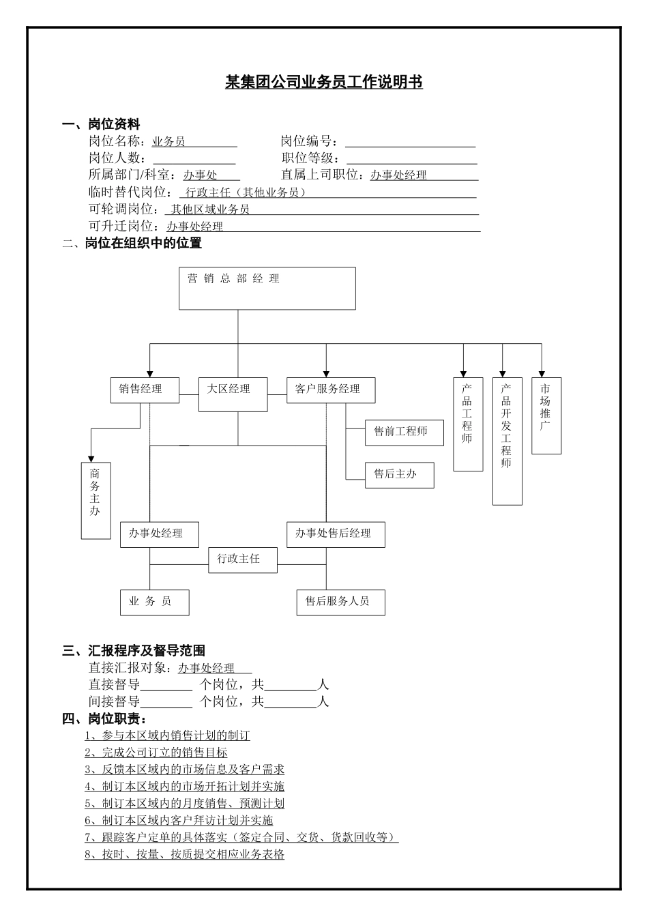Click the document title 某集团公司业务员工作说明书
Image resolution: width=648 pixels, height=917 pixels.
324,83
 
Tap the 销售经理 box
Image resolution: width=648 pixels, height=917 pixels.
145,390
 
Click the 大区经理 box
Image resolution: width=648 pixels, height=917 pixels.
233,394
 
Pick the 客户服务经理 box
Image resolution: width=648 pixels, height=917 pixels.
331,390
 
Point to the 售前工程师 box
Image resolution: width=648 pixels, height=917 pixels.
404,432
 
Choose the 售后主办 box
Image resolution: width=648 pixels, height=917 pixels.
400,474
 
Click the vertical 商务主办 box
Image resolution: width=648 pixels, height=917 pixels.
95,500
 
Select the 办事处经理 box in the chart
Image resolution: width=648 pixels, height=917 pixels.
160,534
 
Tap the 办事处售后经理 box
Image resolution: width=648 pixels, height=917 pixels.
336,534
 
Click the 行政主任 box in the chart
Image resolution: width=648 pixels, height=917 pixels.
243,559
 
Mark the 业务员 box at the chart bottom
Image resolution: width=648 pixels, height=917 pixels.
154,602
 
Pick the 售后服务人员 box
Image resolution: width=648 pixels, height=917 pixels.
340,602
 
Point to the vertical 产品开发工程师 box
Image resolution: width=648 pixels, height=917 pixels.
507,441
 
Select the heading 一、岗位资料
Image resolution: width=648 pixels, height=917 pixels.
101,124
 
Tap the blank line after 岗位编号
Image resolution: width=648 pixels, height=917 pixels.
410,142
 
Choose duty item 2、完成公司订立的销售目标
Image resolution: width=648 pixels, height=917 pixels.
156,753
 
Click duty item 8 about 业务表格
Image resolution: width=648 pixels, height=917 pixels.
185,854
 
